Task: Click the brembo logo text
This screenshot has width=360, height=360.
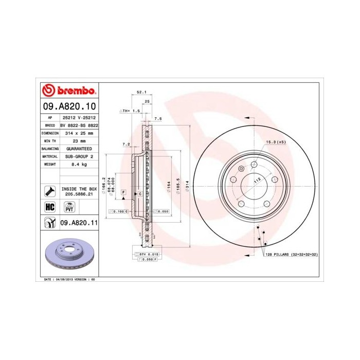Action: coord(76,91)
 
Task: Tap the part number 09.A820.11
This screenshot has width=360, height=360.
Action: coord(79,222)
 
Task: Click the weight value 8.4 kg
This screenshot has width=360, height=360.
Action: coord(79,164)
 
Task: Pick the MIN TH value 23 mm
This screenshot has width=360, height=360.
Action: coord(79,140)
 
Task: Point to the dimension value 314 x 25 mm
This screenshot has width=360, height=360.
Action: coord(79,133)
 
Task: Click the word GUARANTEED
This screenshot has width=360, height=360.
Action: coord(79,148)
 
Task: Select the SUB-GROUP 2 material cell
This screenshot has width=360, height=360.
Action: coord(79,156)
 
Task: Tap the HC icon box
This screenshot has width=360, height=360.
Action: coord(50,206)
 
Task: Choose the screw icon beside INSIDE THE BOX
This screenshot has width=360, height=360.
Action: coord(50,190)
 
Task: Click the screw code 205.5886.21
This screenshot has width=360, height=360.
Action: coord(79,195)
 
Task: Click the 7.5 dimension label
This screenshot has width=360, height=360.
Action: coord(158,118)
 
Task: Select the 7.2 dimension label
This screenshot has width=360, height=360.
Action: coord(126,145)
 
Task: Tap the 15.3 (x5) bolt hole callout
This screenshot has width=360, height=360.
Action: coord(275,141)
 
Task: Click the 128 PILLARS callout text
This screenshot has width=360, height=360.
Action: coord(290,255)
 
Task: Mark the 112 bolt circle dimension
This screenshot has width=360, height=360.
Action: coord(257,179)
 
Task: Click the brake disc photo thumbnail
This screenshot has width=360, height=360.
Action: coord(67,254)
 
